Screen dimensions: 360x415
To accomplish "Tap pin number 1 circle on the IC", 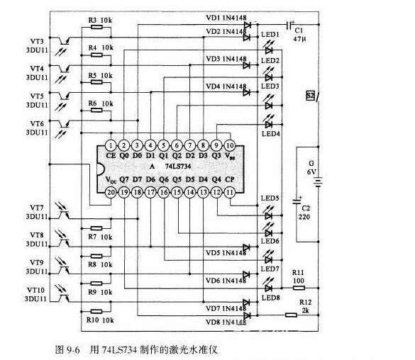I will [x=111, y=145].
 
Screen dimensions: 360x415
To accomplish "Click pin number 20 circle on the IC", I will [x=111, y=191].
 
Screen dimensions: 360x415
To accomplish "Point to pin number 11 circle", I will [x=230, y=191].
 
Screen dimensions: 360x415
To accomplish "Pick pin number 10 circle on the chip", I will [x=230, y=145].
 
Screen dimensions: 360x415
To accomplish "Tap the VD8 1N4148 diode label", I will [x=226, y=322].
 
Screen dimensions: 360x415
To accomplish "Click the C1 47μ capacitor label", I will [x=298, y=36].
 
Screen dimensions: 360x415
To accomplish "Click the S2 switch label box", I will [x=309, y=94].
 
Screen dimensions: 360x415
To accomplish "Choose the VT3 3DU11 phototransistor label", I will [x=36, y=45].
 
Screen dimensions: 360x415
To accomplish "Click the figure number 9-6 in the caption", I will [x=72, y=350].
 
